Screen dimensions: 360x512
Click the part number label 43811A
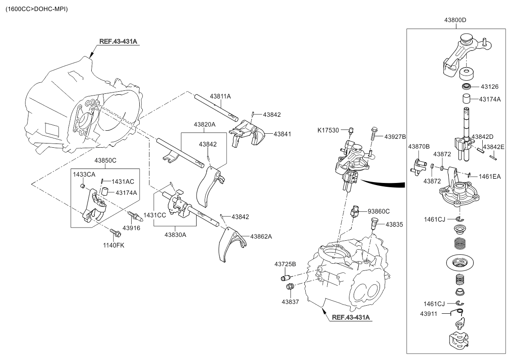[220, 97]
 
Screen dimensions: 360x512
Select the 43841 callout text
[282, 134]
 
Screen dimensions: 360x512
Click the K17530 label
[329, 130]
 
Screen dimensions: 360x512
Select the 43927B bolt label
[395, 137]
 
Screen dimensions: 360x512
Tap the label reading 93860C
[379, 211]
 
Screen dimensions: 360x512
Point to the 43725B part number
[285, 264]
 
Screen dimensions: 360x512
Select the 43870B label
[419, 146]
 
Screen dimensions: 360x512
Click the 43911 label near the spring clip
[430, 313]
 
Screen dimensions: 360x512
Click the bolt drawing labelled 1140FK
[114, 232]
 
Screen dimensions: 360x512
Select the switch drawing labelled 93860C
[355, 211]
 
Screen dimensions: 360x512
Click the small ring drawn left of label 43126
[467, 87]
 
